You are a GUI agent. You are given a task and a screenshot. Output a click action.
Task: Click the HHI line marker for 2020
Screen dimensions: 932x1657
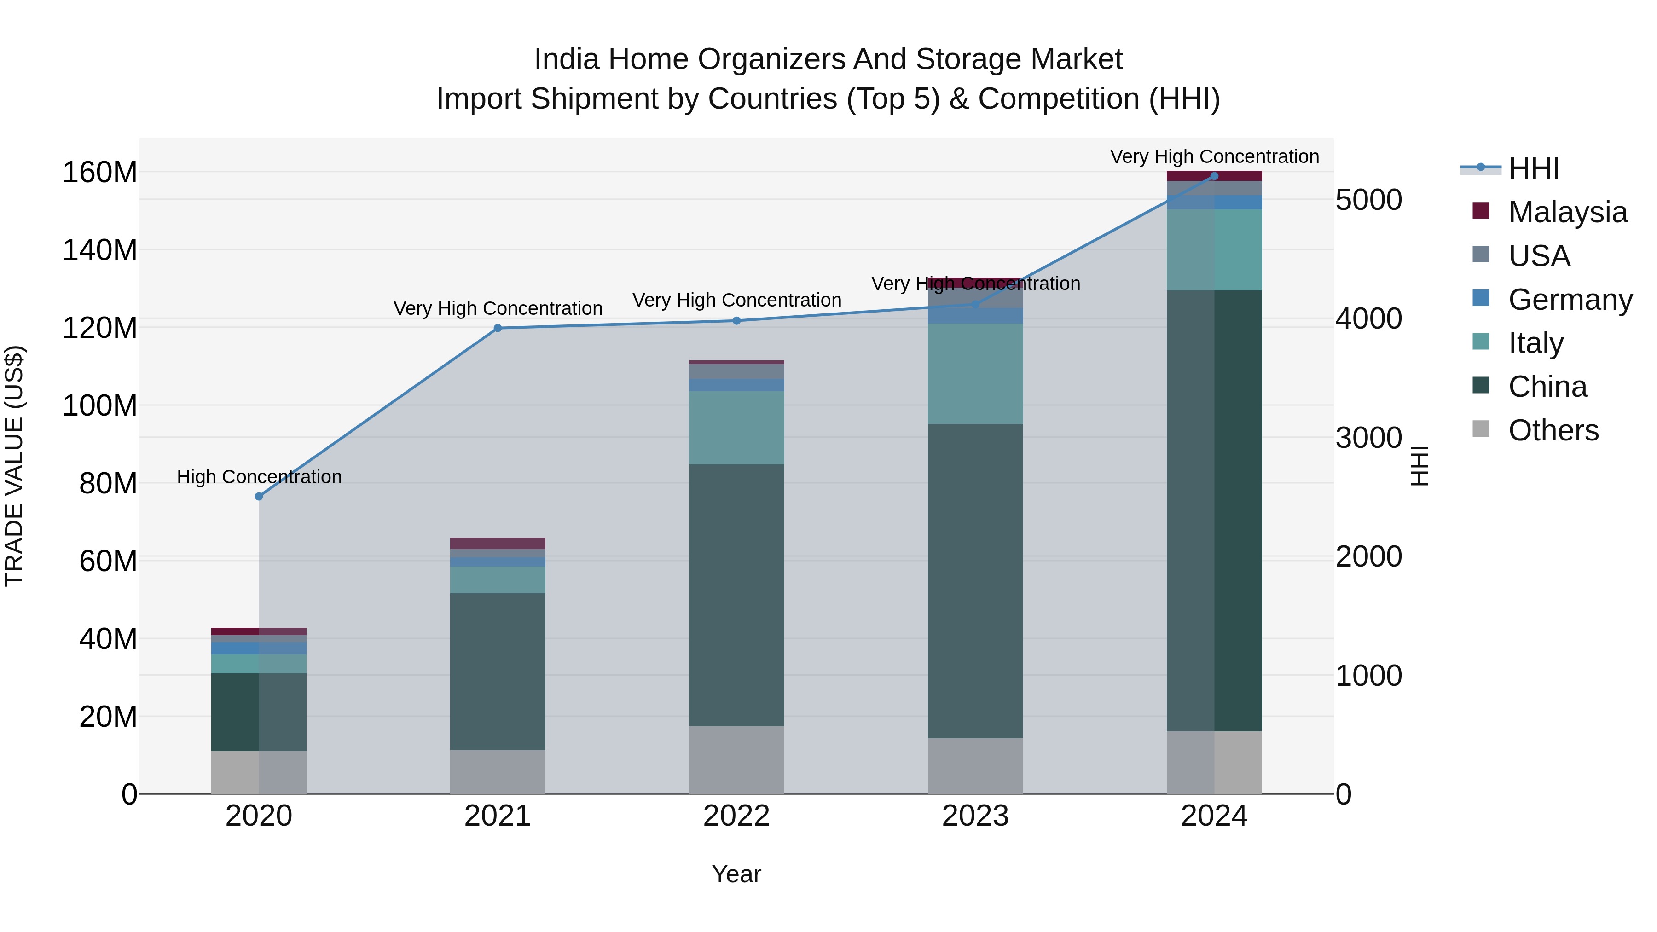point(259,497)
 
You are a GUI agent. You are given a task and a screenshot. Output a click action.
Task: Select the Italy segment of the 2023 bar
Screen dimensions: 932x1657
point(975,374)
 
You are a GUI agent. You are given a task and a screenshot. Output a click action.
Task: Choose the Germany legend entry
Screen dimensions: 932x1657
point(1570,300)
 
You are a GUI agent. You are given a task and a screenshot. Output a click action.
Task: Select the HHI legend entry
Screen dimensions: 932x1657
point(1534,168)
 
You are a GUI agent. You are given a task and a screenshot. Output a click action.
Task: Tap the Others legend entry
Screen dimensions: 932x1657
point(1553,430)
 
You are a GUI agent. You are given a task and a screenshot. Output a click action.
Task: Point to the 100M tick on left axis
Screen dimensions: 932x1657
point(100,406)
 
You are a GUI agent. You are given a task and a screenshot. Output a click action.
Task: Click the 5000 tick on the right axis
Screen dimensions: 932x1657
point(1368,200)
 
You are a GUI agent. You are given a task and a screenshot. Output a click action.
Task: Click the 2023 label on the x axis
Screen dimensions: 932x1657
point(975,816)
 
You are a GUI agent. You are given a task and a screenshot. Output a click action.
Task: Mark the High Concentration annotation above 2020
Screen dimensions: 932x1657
point(259,477)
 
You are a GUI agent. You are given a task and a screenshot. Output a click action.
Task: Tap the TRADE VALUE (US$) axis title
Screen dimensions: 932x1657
point(14,466)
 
